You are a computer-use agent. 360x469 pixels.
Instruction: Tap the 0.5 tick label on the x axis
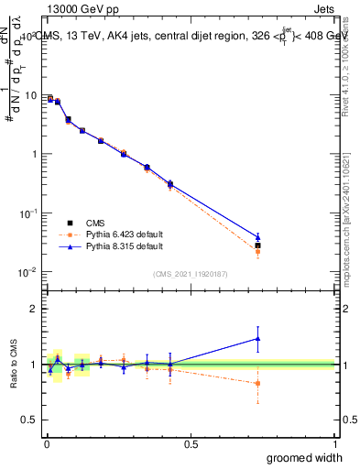[191, 444]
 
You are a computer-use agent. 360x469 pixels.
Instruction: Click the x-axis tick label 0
[47, 444]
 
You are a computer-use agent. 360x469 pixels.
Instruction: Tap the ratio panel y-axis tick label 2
[36, 309]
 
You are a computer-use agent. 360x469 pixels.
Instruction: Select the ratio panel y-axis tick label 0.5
[31, 420]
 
